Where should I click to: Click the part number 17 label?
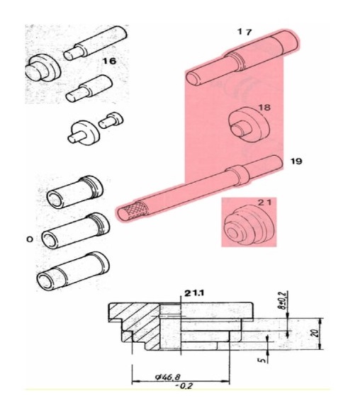pos(244,32)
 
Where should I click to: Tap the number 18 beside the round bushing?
pos(264,107)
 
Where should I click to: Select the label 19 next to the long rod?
pos(296,161)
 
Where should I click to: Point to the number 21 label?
pos(264,203)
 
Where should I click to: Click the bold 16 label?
pos(109,61)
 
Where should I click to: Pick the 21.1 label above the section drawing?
pos(194,293)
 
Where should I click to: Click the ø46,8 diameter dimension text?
pos(168,377)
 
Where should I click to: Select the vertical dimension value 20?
pos(316,333)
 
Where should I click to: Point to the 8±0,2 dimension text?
pos(283,300)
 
